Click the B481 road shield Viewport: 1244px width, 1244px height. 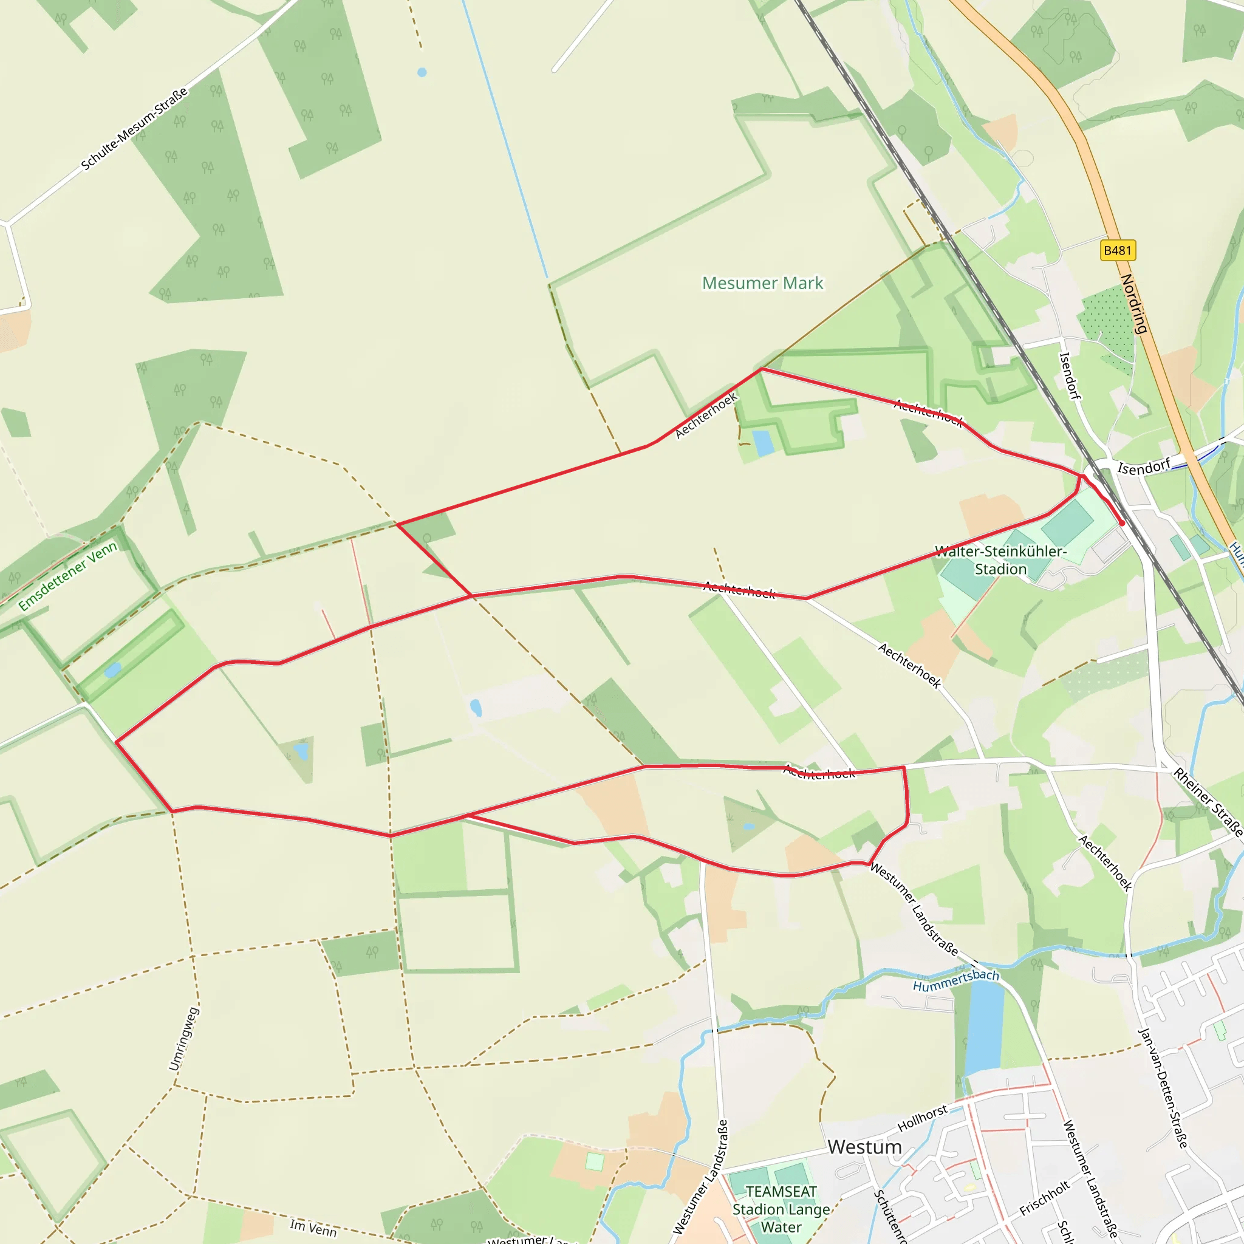pos(1117,250)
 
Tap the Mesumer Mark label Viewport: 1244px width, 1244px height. pos(762,283)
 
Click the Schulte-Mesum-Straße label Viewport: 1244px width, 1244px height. pos(135,129)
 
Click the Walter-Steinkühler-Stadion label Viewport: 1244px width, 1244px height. pos(1000,560)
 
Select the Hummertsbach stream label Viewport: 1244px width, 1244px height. pos(955,980)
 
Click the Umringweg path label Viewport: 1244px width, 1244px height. pos(183,1039)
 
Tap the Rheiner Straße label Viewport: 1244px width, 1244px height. pos(1208,802)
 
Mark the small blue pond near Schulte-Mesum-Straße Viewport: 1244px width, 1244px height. pos(422,73)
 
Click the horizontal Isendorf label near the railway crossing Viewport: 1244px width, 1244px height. pos(1144,468)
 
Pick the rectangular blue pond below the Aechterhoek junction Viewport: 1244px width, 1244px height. pos(763,443)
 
